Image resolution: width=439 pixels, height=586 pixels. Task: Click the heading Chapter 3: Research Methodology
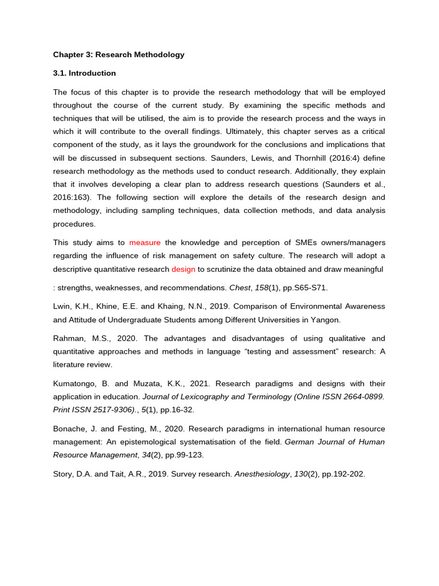click(119, 55)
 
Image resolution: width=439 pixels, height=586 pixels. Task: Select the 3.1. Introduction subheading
click(85, 73)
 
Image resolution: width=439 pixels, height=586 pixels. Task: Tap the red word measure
click(145, 243)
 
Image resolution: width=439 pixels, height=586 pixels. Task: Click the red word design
click(183, 269)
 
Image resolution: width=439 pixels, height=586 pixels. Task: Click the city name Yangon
click(328, 320)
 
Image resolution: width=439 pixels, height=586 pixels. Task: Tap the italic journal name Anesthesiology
click(262, 474)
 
